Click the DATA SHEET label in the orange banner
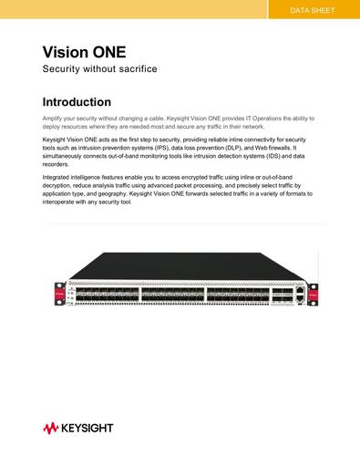coord(312,11)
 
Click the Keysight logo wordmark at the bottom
coord(89,427)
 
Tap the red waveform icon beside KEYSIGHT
coord(50,427)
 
